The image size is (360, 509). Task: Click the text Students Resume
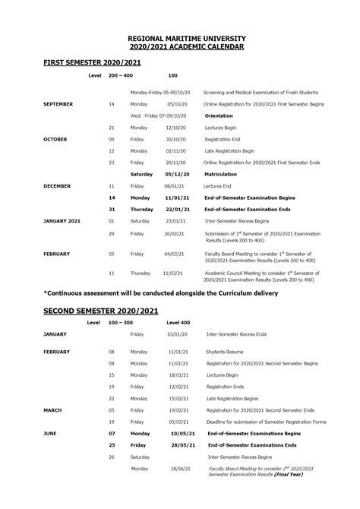[x=225, y=352]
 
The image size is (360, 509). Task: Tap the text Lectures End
[x=220, y=185]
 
